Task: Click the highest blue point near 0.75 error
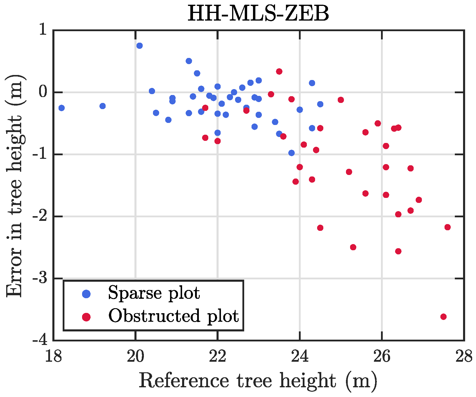(x=139, y=46)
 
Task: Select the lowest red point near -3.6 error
(x=443, y=317)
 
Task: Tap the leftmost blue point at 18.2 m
(x=61, y=108)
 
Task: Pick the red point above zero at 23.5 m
(x=279, y=71)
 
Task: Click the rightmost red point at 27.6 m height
(x=447, y=227)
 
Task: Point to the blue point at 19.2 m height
(x=102, y=106)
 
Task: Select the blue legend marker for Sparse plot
(x=86, y=293)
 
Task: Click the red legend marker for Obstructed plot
(x=86, y=317)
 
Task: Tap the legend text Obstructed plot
(x=174, y=316)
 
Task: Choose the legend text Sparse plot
(x=154, y=293)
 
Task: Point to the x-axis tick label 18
(x=54, y=357)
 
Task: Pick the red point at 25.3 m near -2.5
(x=353, y=247)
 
